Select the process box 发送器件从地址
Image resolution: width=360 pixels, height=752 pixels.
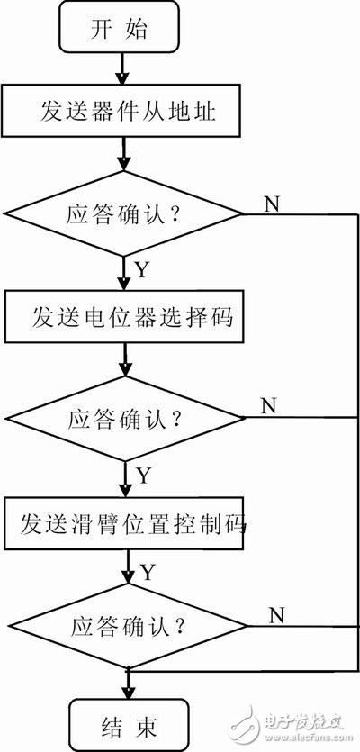click(x=124, y=113)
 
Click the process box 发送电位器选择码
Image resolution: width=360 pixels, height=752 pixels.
click(x=124, y=318)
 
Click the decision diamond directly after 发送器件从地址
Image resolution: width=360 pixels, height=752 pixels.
click(x=124, y=214)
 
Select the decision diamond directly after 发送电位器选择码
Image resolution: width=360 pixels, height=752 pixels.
click(x=124, y=419)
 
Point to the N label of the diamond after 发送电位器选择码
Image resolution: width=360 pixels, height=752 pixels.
click(x=267, y=405)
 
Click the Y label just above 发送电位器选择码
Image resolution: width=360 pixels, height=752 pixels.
click(x=141, y=269)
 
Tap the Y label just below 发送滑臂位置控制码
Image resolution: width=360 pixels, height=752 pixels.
click(x=146, y=571)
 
